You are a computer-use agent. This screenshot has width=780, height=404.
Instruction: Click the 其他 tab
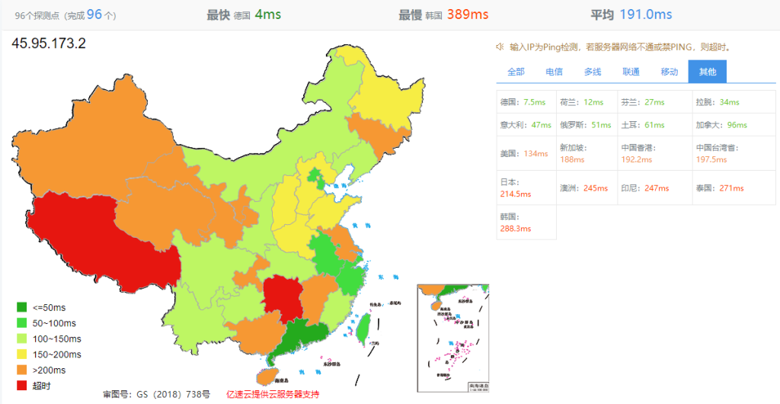[x=707, y=72]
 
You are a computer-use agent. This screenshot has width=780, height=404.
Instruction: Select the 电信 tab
[x=554, y=72]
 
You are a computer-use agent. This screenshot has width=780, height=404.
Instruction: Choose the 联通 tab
[x=631, y=72]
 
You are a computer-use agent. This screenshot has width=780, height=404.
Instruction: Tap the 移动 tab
[x=669, y=72]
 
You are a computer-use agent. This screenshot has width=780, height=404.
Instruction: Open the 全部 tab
[x=516, y=72]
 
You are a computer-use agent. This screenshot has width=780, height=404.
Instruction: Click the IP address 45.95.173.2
[x=49, y=43]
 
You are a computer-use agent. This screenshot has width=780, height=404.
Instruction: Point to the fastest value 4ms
[x=267, y=14]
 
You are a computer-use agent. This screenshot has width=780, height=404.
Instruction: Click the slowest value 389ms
[x=468, y=14]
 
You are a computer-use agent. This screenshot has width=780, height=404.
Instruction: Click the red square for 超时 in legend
[x=22, y=386]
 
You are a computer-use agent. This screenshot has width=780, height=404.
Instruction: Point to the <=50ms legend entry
[x=43, y=307]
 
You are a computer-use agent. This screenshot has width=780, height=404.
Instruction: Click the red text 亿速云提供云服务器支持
[x=273, y=394]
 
